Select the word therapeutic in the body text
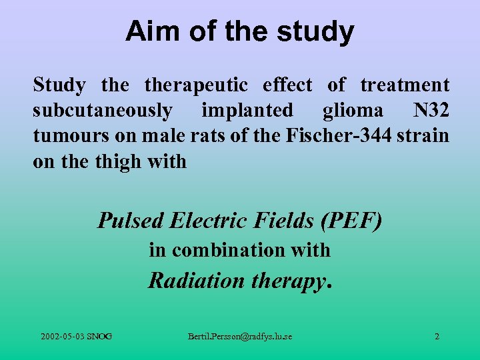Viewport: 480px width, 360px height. [196, 85]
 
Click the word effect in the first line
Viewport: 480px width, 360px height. [287, 85]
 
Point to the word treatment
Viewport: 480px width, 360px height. [405, 85]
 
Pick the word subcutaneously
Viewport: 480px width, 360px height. [103, 110]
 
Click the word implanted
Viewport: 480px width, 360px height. [247, 110]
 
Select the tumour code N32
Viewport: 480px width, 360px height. [431, 110]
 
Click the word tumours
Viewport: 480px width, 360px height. [63, 135]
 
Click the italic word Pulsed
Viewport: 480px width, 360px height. [131, 220]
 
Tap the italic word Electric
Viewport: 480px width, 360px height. [204, 220]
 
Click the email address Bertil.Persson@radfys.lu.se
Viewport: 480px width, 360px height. [239, 337]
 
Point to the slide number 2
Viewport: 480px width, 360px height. [437, 337]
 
